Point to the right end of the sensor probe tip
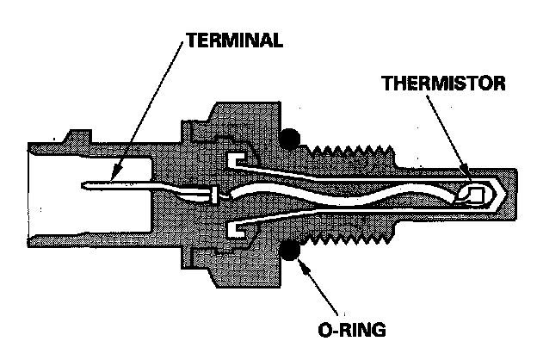pos(515,196)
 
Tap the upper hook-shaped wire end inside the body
pos(238,162)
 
